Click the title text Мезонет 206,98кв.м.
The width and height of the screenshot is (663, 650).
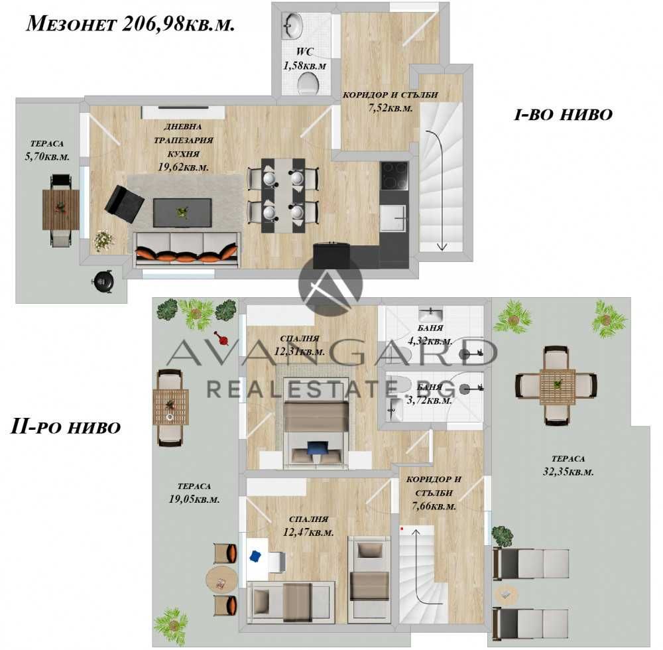click(130, 25)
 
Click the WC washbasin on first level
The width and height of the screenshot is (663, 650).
click(291, 26)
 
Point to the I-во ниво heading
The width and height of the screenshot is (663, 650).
click(563, 115)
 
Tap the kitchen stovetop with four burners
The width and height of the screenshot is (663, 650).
click(394, 176)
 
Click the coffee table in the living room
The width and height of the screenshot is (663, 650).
click(182, 213)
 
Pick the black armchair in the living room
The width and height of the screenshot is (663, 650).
click(124, 204)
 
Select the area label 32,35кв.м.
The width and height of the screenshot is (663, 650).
click(568, 472)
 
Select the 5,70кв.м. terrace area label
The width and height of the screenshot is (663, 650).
click(47, 157)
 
